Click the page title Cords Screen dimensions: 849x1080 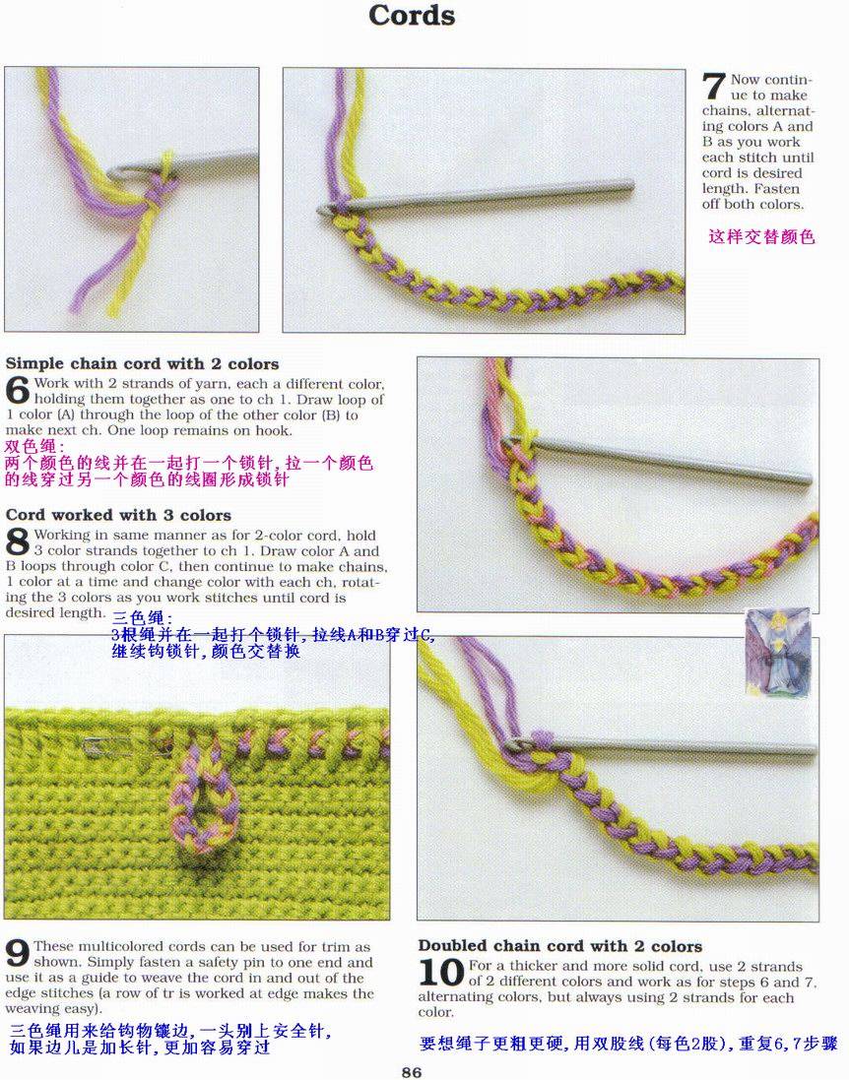pos(412,15)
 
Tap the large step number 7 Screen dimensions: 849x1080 pos(713,88)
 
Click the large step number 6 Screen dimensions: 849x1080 pos(17,391)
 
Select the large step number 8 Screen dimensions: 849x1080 pos(17,542)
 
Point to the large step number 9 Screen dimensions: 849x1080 pos(17,954)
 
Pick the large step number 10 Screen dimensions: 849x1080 pos(441,973)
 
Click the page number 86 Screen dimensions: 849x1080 pos(412,1072)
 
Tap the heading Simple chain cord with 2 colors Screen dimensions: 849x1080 pos(142,363)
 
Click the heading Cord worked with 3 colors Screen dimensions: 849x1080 pos(118,515)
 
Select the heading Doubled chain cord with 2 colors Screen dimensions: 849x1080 pos(560,946)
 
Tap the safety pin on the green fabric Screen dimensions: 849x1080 pos(127,745)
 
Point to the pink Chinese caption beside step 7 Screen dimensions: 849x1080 pos(761,237)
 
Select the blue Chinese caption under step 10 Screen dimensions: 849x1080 pos(628,1044)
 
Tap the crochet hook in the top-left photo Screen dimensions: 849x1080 pos(182,165)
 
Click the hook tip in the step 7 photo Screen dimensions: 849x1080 pos(322,209)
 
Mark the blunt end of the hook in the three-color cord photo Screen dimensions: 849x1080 pos(808,479)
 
